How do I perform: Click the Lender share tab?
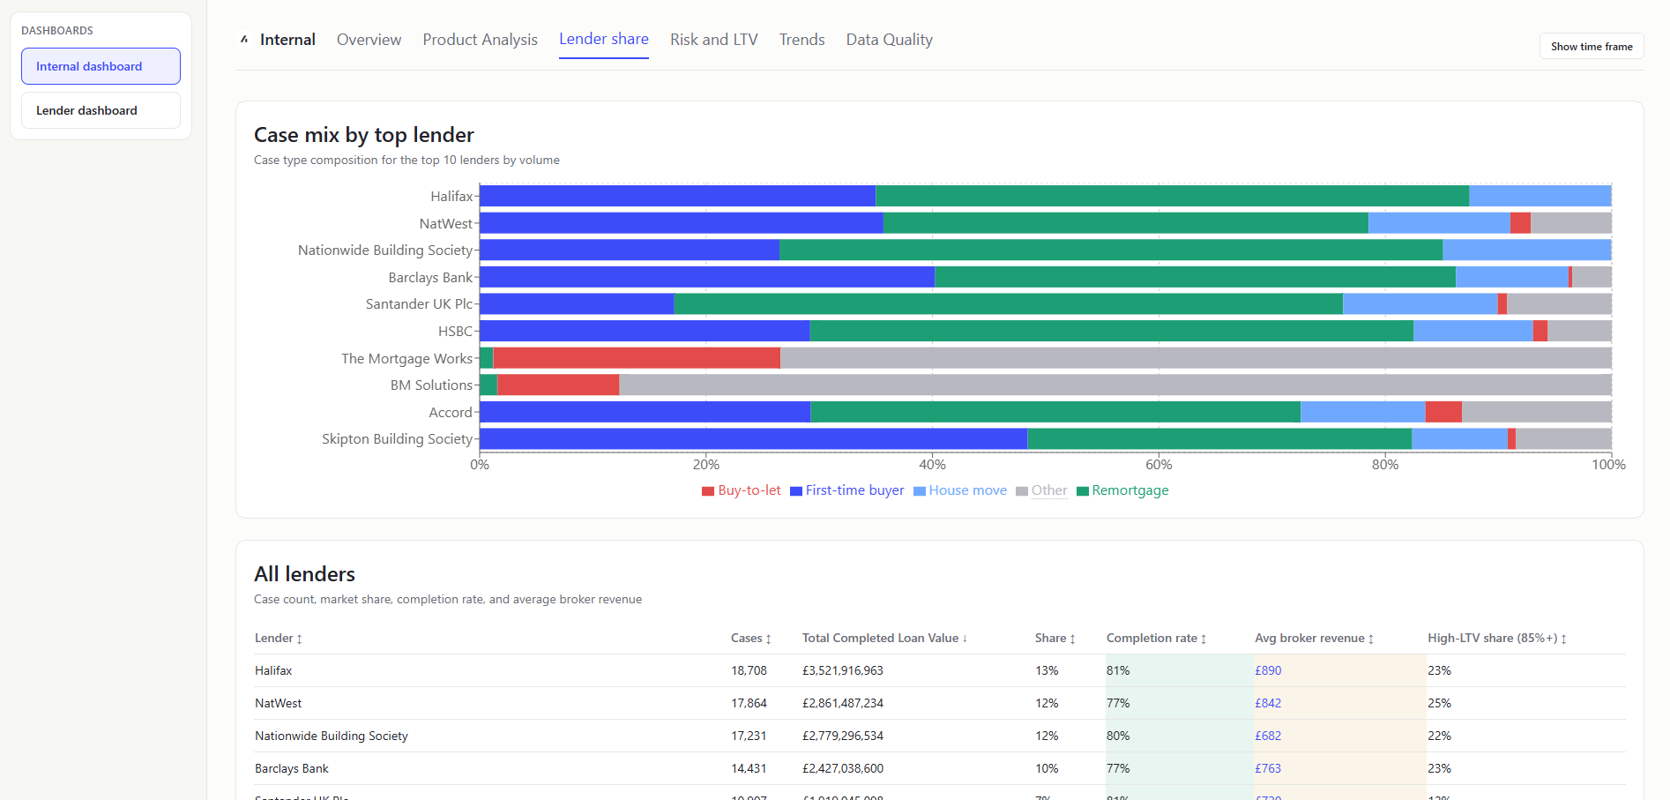point(603,40)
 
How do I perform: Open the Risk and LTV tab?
point(713,40)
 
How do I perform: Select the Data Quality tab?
point(889,40)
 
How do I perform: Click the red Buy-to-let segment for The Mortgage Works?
point(636,358)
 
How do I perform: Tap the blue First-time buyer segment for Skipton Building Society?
point(753,438)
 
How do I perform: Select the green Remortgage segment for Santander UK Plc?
point(1008,304)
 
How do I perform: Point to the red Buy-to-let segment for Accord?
point(1443,412)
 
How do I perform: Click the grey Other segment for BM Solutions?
point(1115,385)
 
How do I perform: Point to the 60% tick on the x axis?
point(1159,465)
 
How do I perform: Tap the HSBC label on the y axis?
point(455,332)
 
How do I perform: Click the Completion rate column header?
point(1152,638)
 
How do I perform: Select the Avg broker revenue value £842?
point(1268,703)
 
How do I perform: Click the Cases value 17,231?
point(748,736)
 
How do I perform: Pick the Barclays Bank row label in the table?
point(291,768)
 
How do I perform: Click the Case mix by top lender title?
point(363,135)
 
